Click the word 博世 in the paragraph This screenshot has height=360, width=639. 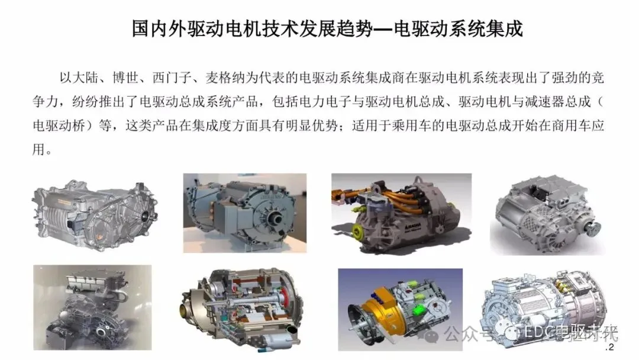(x=125, y=78)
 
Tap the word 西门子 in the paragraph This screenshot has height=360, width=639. (x=172, y=78)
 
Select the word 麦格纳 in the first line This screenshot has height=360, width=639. (x=225, y=78)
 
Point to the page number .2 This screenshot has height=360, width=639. (x=609, y=348)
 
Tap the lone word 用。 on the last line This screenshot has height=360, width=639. (x=43, y=149)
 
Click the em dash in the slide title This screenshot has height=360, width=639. (x=383, y=29)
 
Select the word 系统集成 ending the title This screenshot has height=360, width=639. (x=483, y=29)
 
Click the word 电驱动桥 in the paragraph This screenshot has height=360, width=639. (x=59, y=125)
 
